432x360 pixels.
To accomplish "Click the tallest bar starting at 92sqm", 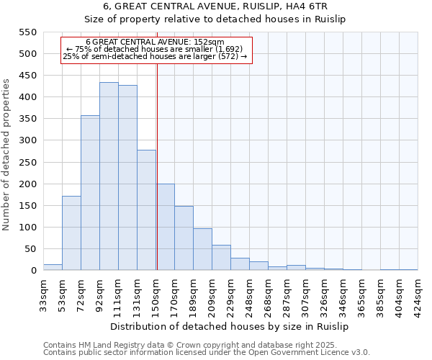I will (109, 176).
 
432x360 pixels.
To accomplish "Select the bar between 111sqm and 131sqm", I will (127, 178).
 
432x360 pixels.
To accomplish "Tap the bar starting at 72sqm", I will (90, 193).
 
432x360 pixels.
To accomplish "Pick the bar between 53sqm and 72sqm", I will (71, 233).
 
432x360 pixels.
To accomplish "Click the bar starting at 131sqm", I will (146, 210).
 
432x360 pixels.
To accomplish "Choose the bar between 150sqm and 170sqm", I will (165, 227).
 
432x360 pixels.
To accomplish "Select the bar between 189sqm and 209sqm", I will (202, 249).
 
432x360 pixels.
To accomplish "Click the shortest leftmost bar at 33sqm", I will (53, 267).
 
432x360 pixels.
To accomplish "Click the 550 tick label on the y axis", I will (27, 32).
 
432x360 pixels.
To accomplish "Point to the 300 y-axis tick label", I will (27, 140).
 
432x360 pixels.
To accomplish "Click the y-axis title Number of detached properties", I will (7, 155).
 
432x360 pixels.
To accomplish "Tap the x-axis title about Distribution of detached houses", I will (230, 326).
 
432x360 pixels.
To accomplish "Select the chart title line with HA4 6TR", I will (215, 7).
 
